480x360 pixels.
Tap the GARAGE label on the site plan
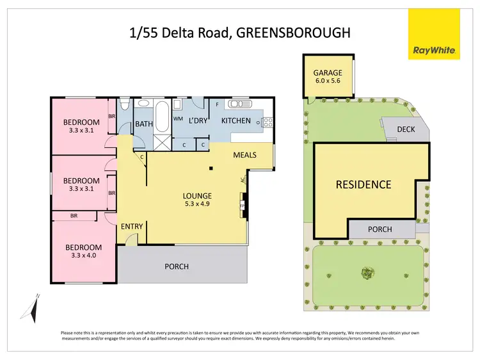coord(327,73)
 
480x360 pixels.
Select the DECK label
coord(406,129)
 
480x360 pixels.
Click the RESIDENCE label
coord(363,185)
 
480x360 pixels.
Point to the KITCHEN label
coord(236,120)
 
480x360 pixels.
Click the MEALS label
coord(245,154)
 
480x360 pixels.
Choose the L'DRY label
coord(198,120)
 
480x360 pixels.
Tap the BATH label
coord(143,124)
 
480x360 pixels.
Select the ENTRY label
coord(132,226)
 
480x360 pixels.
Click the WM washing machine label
coord(177,119)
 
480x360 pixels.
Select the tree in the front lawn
coord(367,274)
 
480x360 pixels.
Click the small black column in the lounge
coord(211,168)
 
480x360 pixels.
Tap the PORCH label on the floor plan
coord(177,266)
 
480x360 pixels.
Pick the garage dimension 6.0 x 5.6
coord(327,82)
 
